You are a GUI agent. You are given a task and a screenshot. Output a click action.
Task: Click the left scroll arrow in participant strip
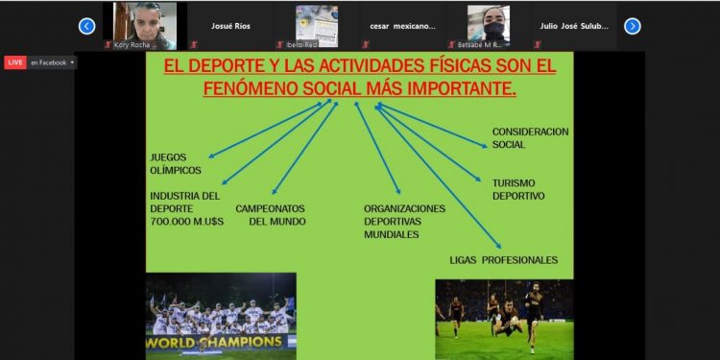[87, 26]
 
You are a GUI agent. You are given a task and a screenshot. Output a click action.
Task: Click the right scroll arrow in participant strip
[632, 26]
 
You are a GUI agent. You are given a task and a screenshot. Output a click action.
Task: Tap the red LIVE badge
[15, 62]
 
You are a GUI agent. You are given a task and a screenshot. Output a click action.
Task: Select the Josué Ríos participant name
[230, 26]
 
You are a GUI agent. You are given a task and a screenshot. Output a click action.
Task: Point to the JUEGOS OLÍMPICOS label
[175, 163]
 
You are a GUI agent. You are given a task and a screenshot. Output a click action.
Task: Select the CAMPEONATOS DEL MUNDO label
[271, 214]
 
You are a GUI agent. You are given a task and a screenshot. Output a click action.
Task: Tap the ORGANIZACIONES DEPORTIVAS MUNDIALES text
[404, 221]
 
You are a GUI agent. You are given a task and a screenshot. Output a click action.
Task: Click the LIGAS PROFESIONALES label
[503, 259]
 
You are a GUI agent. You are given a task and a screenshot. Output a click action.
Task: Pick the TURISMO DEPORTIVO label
[517, 189]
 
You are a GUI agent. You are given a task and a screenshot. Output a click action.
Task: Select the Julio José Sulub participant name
[574, 26]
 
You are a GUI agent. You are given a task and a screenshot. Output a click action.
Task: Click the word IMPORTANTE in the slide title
[456, 88]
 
